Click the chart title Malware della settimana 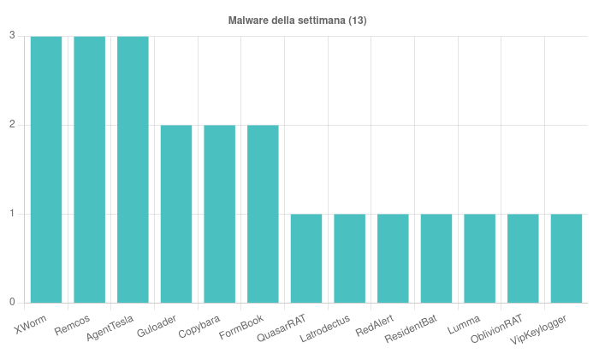297,20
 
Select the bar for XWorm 46,169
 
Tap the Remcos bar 90,169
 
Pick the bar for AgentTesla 133,169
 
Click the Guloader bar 176,214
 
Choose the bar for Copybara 220,214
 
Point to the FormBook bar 263,214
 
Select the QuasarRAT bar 306,258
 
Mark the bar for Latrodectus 350,258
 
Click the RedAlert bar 393,258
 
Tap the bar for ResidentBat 436,258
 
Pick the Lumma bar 480,258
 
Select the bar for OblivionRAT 523,258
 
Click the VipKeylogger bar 566,258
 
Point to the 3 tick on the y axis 12,36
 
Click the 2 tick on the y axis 12,125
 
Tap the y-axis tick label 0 12,303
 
